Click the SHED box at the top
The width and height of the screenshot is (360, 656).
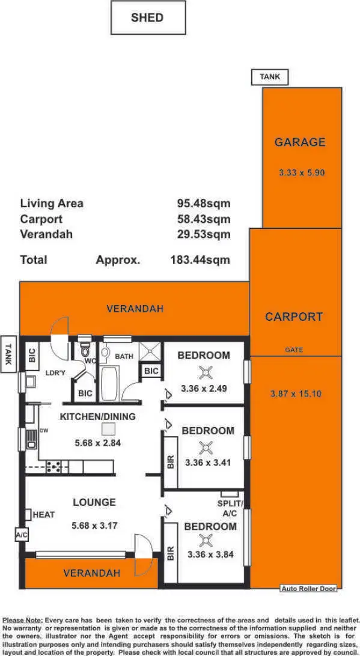pos(148,17)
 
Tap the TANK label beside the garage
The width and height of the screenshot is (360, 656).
pos(269,77)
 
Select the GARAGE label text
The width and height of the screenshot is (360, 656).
pos(300,142)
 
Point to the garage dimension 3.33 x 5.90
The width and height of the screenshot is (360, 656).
pos(302,172)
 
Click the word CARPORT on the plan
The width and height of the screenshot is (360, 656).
pos(294,317)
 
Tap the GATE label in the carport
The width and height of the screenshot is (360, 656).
pos(294,350)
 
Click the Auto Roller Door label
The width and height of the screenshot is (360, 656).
pos(309,589)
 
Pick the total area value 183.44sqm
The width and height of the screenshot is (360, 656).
pos(200,260)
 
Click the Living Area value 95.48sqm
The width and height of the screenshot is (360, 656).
pos(203,203)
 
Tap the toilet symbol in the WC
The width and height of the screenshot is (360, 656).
pos(85,351)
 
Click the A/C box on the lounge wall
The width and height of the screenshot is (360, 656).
pos(21,535)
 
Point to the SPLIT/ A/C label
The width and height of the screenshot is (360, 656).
pos(231,508)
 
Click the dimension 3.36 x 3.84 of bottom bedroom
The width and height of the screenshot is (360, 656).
pos(210,554)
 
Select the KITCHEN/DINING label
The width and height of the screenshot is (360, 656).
pos(97,416)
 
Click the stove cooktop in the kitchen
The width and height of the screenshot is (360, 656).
pos(53,465)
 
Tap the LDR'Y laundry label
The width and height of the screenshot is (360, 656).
pos(55,373)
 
